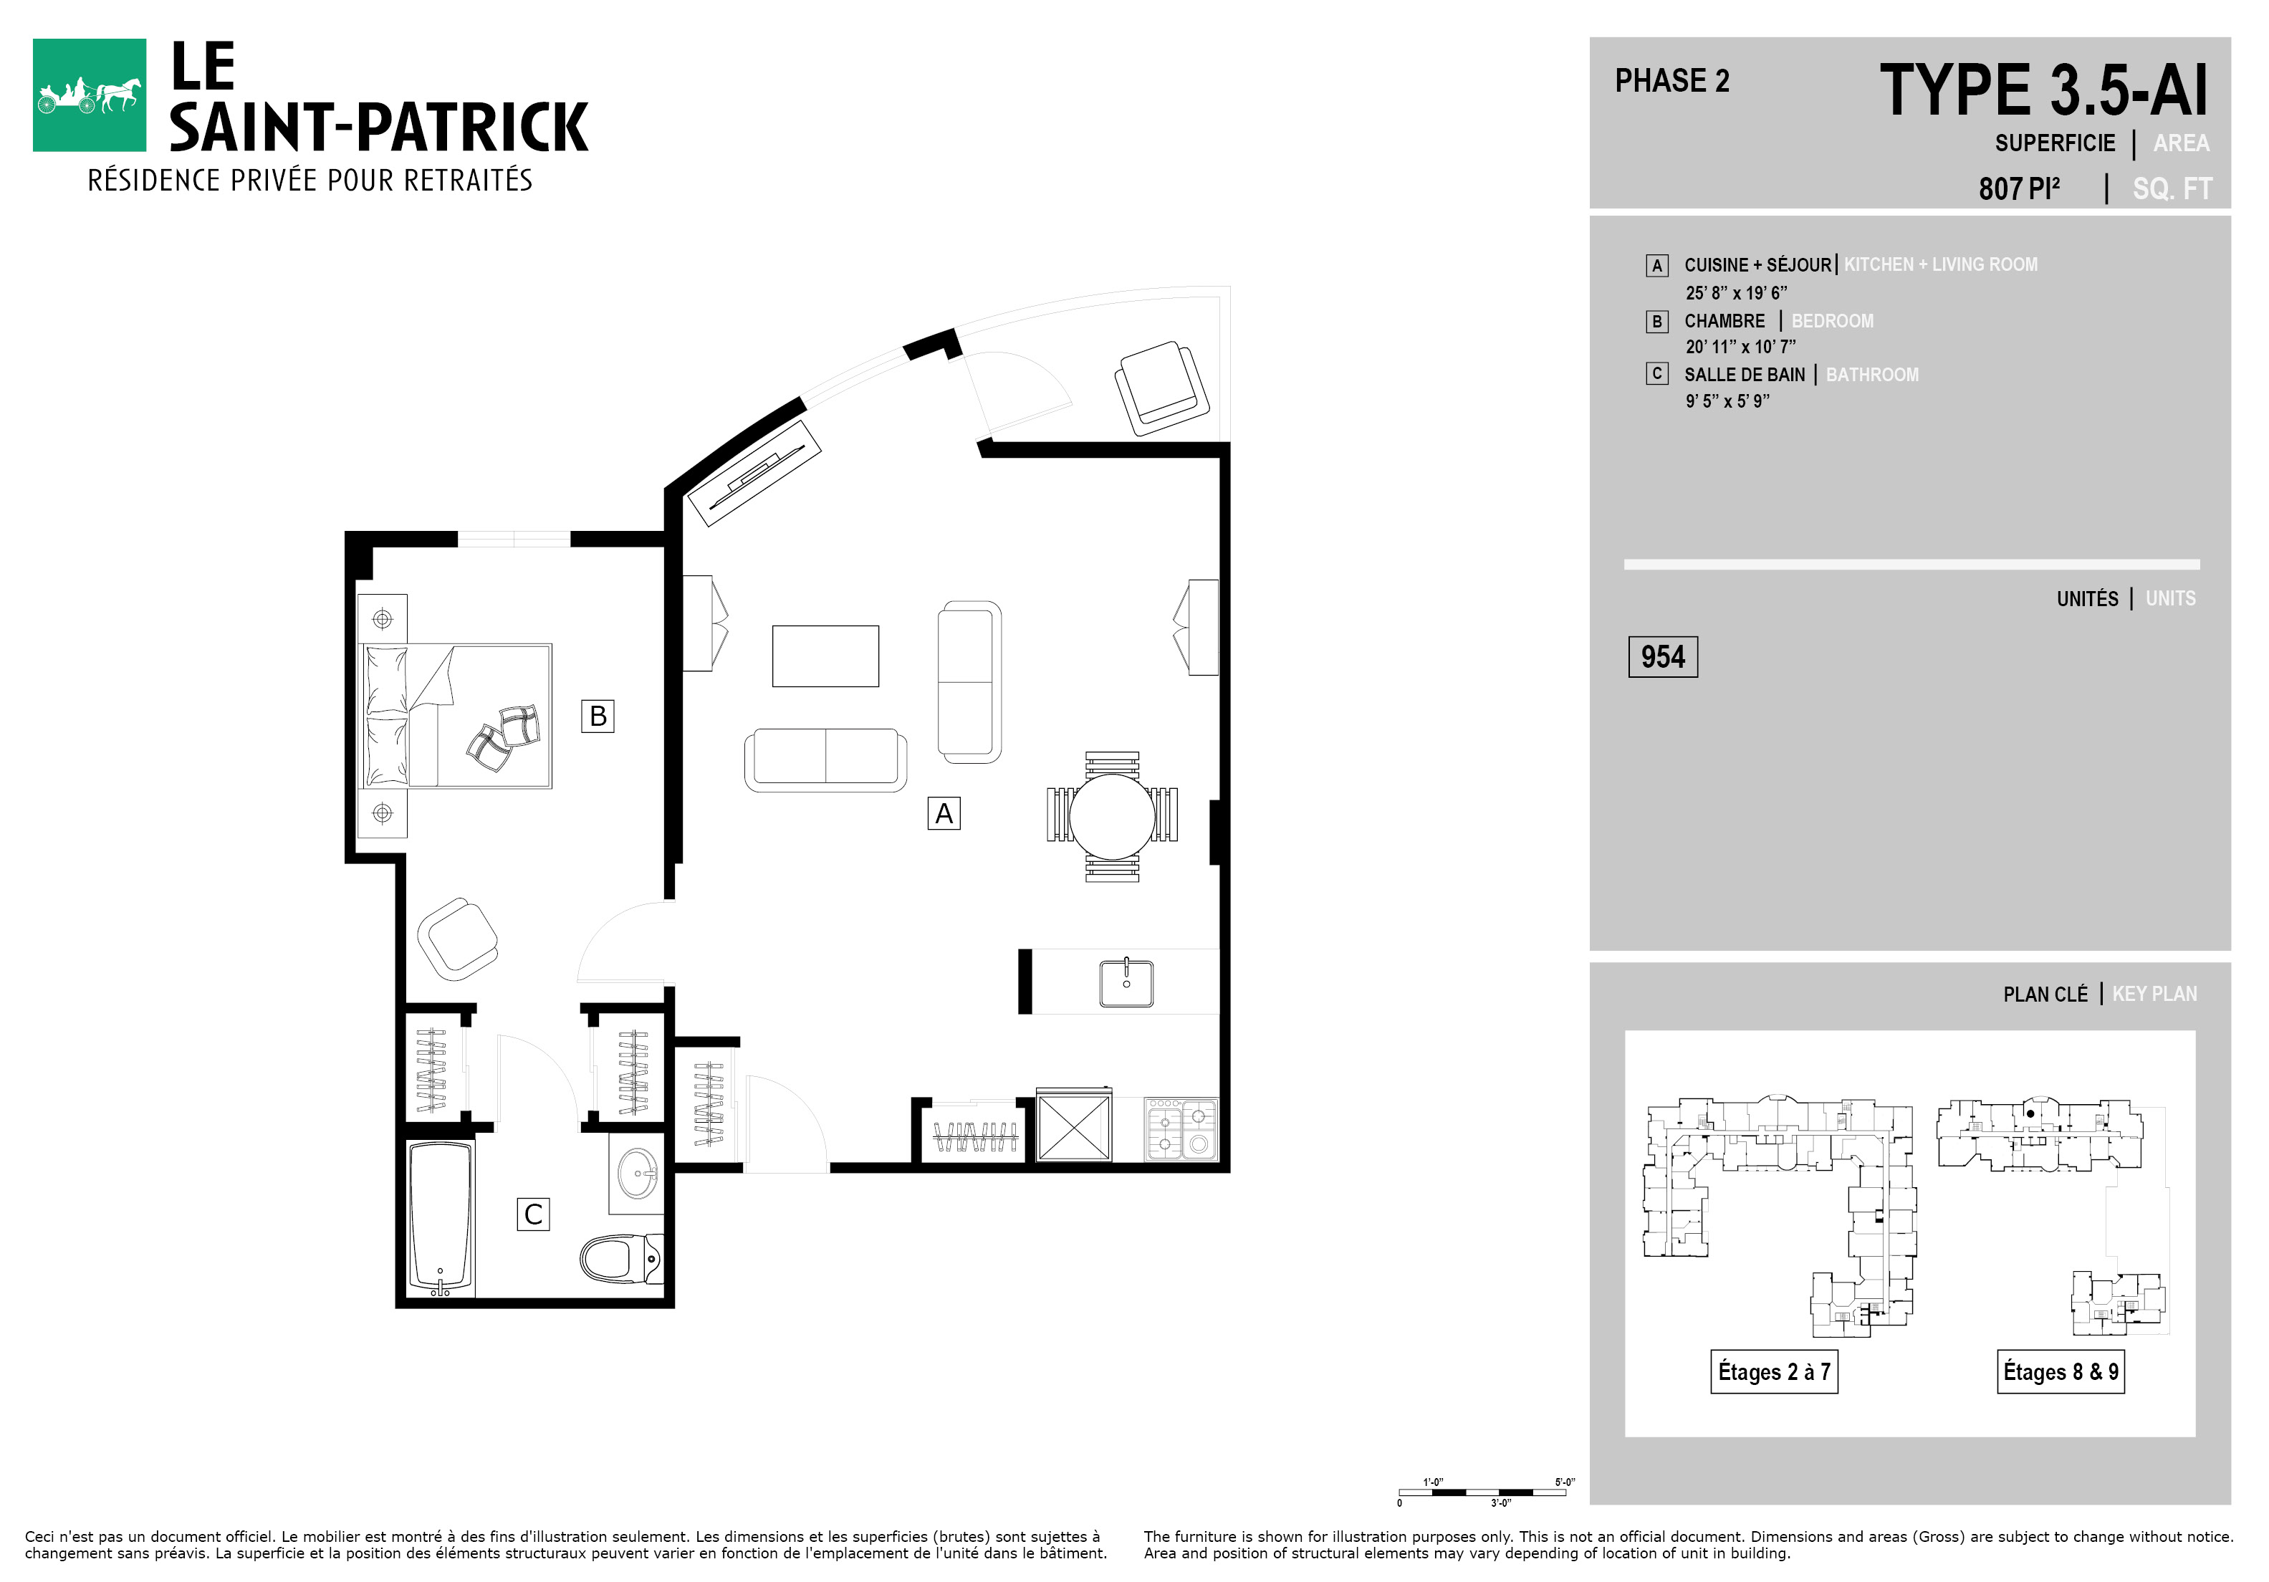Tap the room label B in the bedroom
pyautogui.click(x=598, y=715)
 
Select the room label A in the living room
pyautogui.click(x=944, y=813)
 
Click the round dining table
pyautogui.click(x=1112, y=816)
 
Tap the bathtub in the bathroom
pyautogui.click(x=441, y=1217)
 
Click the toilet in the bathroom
pyautogui.click(x=620, y=1259)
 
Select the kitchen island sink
pyautogui.click(x=1126, y=981)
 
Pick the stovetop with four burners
pyautogui.click(x=1181, y=1128)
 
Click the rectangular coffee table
pyautogui.click(x=825, y=655)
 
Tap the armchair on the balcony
pyautogui.click(x=1162, y=388)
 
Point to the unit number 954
pyautogui.click(x=1662, y=657)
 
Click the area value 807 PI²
pyautogui.click(x=2019, y=188)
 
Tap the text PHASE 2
pyautogui.click(x=1672, y=81)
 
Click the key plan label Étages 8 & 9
pyautogui.click(x=2061, y=1371)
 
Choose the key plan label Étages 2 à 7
pyautogui.click(x=1774, y=1371)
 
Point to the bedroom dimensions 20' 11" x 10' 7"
pyautogui.click(x=1740, y=347)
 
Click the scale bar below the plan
pyautogui.click(x=1482, y=1492)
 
